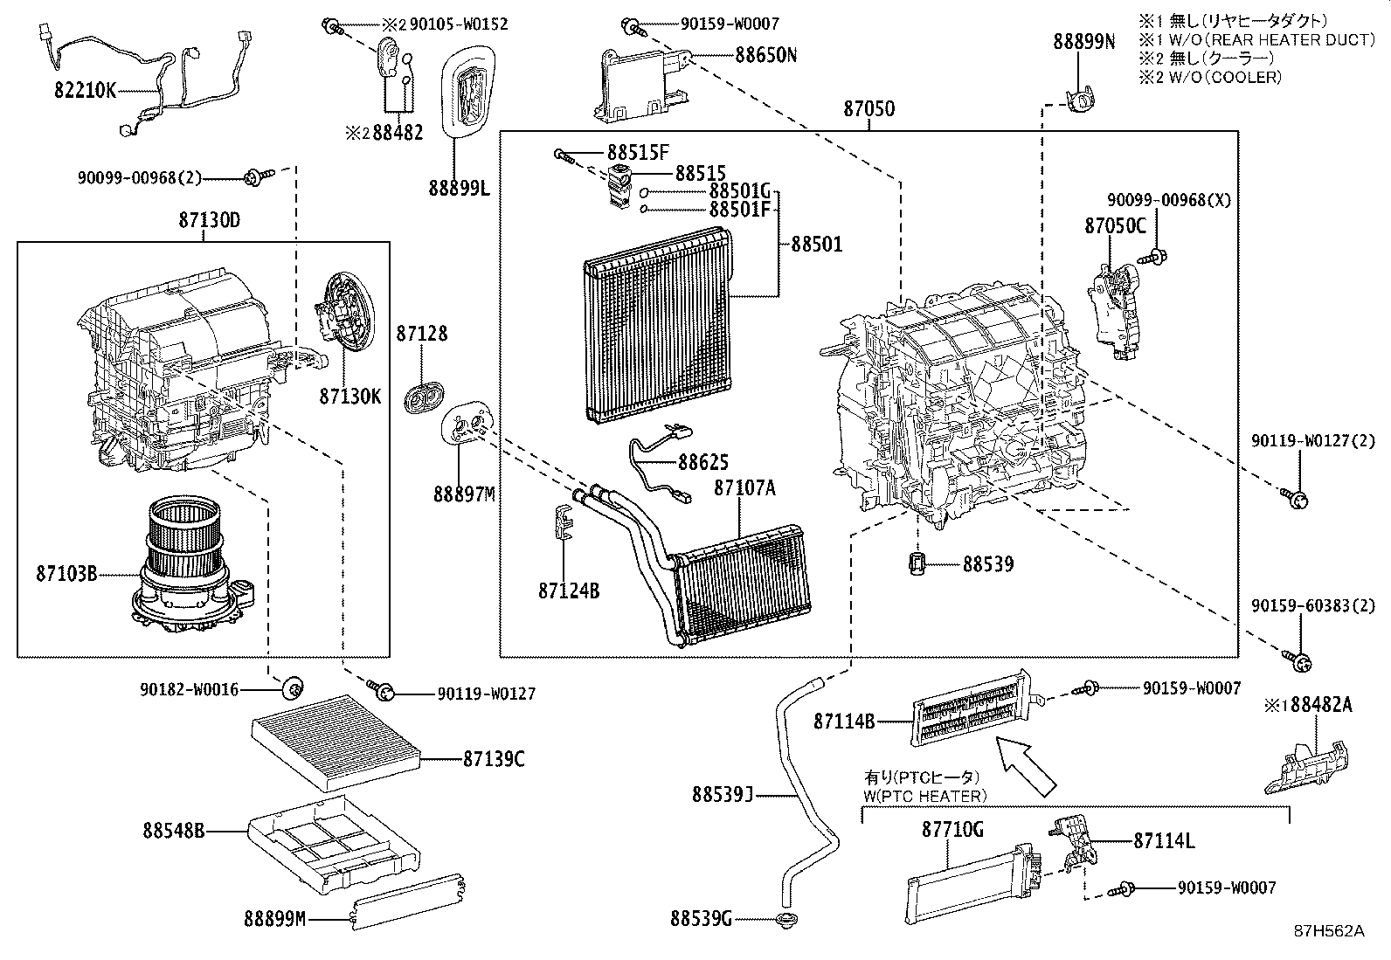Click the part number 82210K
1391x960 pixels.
tap(86, 91)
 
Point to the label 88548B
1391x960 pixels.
tap(173, 831)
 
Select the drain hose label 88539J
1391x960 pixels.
tap(722, 795)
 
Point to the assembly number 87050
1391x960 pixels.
tap(869, 109)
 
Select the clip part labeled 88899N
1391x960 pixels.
tap(1083, 41)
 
